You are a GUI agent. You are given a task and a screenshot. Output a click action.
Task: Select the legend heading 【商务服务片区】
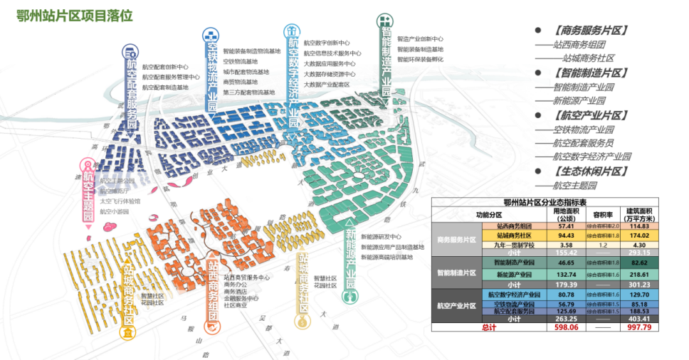[589, 31]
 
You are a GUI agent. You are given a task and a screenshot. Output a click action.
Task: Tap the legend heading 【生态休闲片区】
[589, 171]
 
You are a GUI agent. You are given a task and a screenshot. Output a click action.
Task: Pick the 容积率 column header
[603, 214]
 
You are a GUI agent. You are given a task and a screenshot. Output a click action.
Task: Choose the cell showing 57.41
[566, 226]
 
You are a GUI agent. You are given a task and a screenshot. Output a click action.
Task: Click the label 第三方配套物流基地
[248, 92]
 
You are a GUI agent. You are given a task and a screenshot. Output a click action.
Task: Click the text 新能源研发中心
[381, 237]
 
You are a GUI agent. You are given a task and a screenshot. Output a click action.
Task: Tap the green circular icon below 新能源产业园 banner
[349, 298]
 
